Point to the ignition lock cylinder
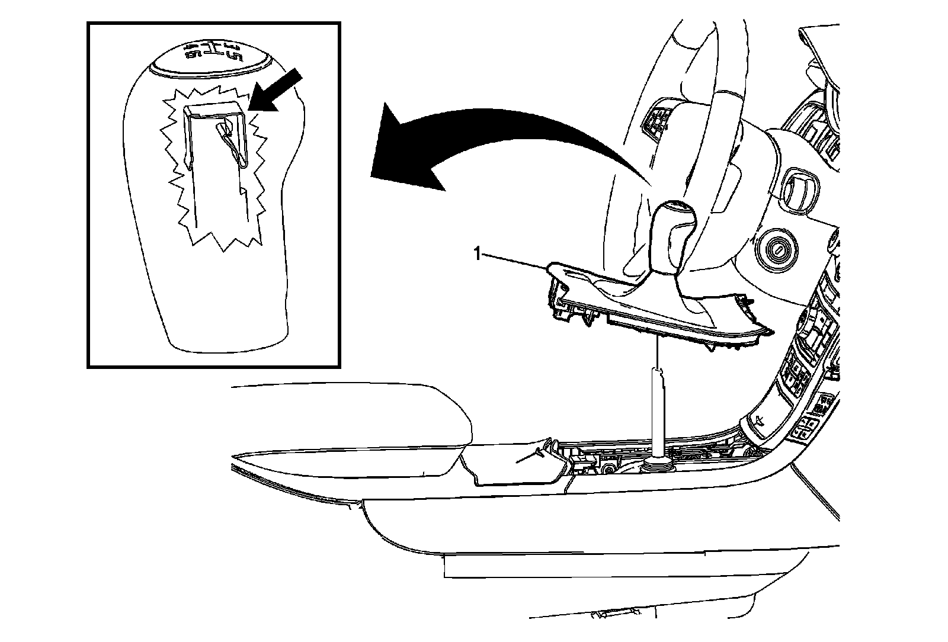776,249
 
